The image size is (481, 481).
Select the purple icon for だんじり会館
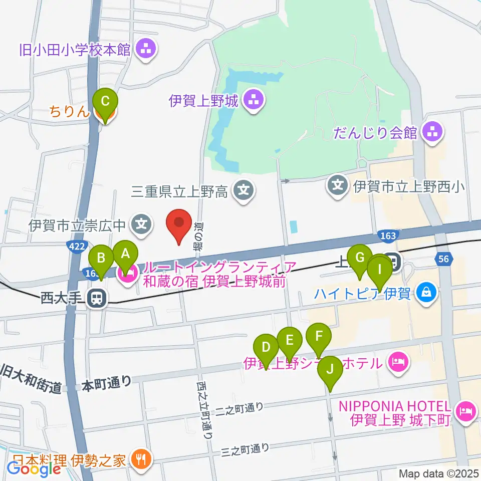click(431, 133)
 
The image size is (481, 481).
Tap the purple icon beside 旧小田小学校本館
click(147, 50)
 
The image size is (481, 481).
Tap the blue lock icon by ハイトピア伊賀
click(426, 292)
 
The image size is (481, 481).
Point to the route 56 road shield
click(443, 259)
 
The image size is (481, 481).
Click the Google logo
click(34, 469)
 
